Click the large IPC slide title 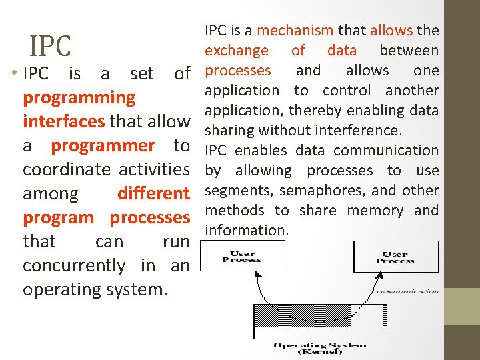click(x=50, y=46)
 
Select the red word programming click(x=79, y=98)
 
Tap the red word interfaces click(x=63, y=122)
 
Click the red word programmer click(x=103, y=146)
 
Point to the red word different click(x=153, y=194)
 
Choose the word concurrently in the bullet click(x=74, y=266)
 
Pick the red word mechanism click(x=295, y=30)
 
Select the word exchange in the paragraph click(x=236, y=50)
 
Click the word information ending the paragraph click(x=246, y=231)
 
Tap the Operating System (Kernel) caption click(x=319, y=348)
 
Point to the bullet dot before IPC click(x=14, y=74)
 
